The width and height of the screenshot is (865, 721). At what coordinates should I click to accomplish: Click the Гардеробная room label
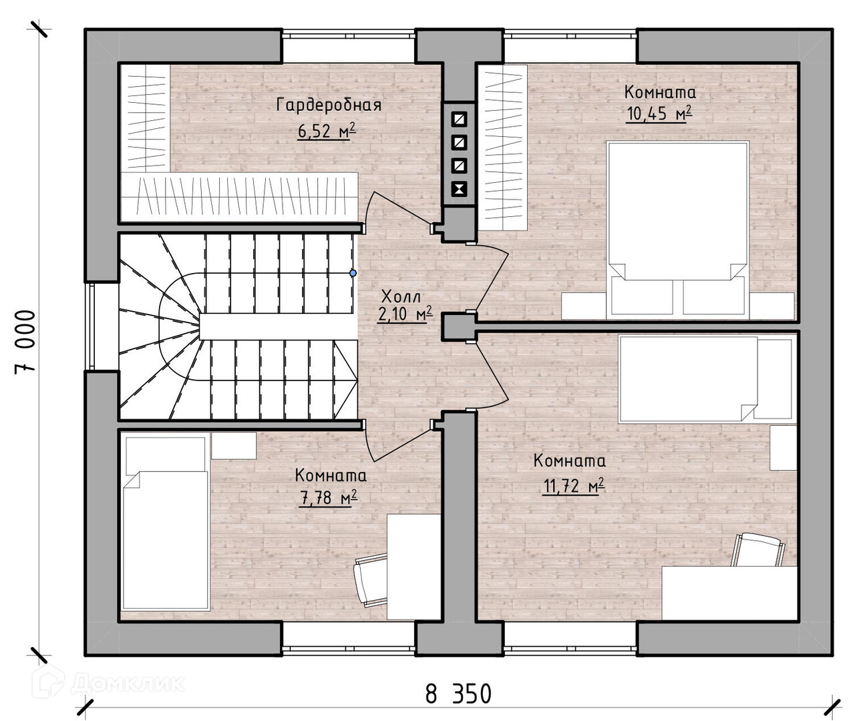pyautogui.click(x=329, y=105)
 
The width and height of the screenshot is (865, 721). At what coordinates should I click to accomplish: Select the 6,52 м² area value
pyautogui.click(x=327, y=132)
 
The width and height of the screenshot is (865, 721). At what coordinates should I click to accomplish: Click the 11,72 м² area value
pyautogui.click(x=574, y=485)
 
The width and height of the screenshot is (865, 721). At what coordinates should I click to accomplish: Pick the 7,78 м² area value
pyautogui.click(x=329, y=497)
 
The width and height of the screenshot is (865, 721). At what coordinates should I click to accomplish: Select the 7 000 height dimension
pyautogui.click(x=25, y=342)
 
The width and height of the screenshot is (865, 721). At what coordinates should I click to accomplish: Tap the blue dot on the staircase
pyautogui.click(x=353, y=273)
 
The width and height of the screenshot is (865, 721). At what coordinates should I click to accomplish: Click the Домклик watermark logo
pyautogui.click(x=108, y=681)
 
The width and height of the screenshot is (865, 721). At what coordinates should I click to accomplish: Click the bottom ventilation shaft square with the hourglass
pyautogui.click(x=460, y=189)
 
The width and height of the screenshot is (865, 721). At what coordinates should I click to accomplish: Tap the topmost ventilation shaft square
pyautogui.click(x=460, y=119)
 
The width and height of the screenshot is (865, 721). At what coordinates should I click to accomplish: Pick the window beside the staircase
pyautogui.click(x=102, y=326)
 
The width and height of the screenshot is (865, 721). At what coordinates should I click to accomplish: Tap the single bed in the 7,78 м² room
pyautogui.click(x=166, y=523)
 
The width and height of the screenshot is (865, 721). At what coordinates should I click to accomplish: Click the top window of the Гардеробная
pyautogui.click(x=349, y=46)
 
